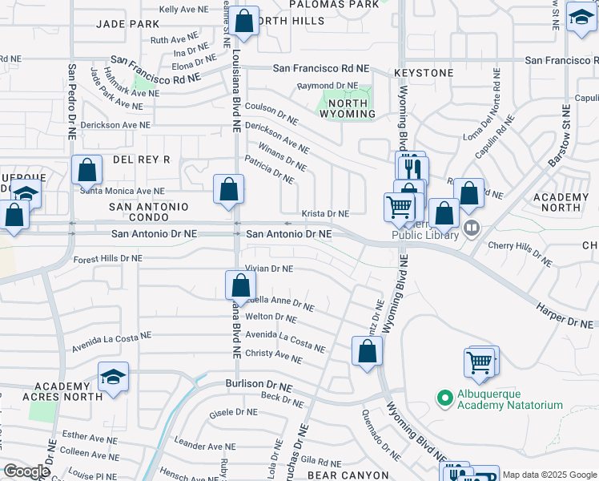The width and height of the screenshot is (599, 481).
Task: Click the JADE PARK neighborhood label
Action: click(128, 24)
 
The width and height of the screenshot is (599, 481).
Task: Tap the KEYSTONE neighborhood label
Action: click(424, 73)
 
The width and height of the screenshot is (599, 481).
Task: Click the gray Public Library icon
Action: click(472, 228)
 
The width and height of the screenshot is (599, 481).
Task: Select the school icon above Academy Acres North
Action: click(114, 378)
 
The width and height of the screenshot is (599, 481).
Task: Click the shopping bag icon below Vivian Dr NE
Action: click(240, 285)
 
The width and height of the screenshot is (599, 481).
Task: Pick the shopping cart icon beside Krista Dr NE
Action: click(398, 207)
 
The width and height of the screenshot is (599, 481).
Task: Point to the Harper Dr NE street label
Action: click(564, 321)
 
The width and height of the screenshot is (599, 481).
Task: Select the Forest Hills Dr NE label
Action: click(107, 259)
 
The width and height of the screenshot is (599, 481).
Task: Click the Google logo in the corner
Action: click(26, 471)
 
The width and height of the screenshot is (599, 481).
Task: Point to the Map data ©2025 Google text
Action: click(549, 475)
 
